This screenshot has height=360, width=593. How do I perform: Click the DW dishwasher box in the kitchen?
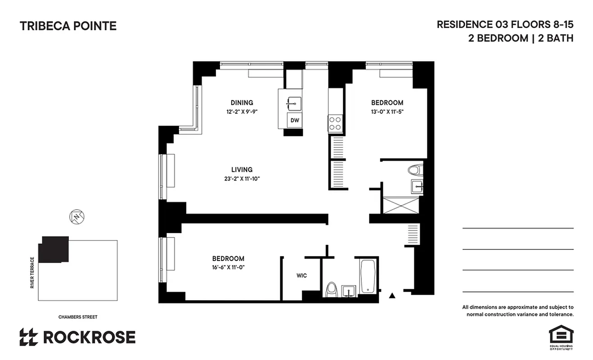295,120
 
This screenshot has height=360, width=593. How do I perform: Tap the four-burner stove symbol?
335,123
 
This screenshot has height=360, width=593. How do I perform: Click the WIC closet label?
301,275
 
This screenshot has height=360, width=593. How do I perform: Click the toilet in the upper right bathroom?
414,171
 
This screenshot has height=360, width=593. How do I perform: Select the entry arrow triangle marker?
392,296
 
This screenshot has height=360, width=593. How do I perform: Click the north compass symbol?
77,217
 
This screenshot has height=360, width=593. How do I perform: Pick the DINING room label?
242,103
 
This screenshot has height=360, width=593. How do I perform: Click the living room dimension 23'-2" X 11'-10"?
242,179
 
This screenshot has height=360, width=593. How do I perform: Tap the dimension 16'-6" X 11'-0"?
228,267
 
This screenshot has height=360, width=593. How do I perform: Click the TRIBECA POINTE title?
68,26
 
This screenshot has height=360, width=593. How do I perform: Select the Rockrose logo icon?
28,337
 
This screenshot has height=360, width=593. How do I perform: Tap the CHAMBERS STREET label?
78,317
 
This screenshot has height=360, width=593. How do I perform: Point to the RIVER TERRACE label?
32,273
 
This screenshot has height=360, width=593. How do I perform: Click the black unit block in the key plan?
54,250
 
